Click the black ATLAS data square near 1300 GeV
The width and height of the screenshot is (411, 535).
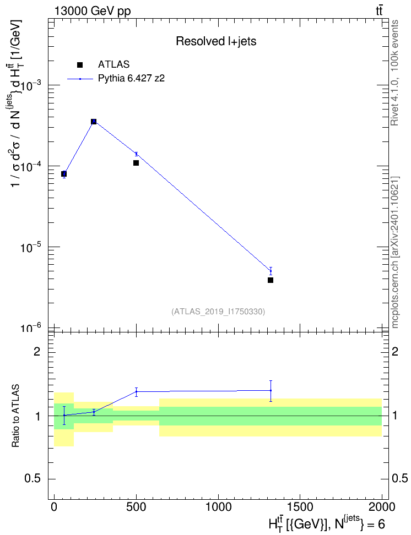(x=271, y=280)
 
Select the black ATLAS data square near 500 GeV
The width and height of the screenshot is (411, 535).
(x=136, y=163)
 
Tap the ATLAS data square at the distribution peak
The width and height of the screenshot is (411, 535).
(x=94, y=122)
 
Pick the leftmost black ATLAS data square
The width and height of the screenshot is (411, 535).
(x=64, y=174)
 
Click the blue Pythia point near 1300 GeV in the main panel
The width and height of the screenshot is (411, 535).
(x=271, y=271)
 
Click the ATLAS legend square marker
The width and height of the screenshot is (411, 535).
(x=79, y=65)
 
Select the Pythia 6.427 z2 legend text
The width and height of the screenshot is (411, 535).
(x=131, y=79)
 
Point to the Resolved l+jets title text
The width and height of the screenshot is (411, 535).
(x=216, y=41)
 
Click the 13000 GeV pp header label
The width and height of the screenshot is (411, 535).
(x=93, y=11)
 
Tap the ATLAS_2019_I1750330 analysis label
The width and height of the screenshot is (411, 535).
(x=218, y=312)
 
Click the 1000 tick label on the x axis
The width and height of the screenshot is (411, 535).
(x=218, y=507)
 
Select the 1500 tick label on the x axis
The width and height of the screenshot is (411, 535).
(x=300, y=507)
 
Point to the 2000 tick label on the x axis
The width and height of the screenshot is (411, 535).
(x=382, y=507)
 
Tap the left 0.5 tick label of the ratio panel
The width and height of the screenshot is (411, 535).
(x=33, y=479)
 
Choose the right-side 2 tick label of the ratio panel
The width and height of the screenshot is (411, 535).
(x=395, y=351)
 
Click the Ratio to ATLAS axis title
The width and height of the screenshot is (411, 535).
(x=15, y=416)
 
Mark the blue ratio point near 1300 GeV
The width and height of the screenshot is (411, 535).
(x=271, y=390)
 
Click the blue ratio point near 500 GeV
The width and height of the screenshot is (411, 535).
(x=136, y=392)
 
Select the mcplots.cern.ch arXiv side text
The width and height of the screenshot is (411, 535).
(x=395, y=252)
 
